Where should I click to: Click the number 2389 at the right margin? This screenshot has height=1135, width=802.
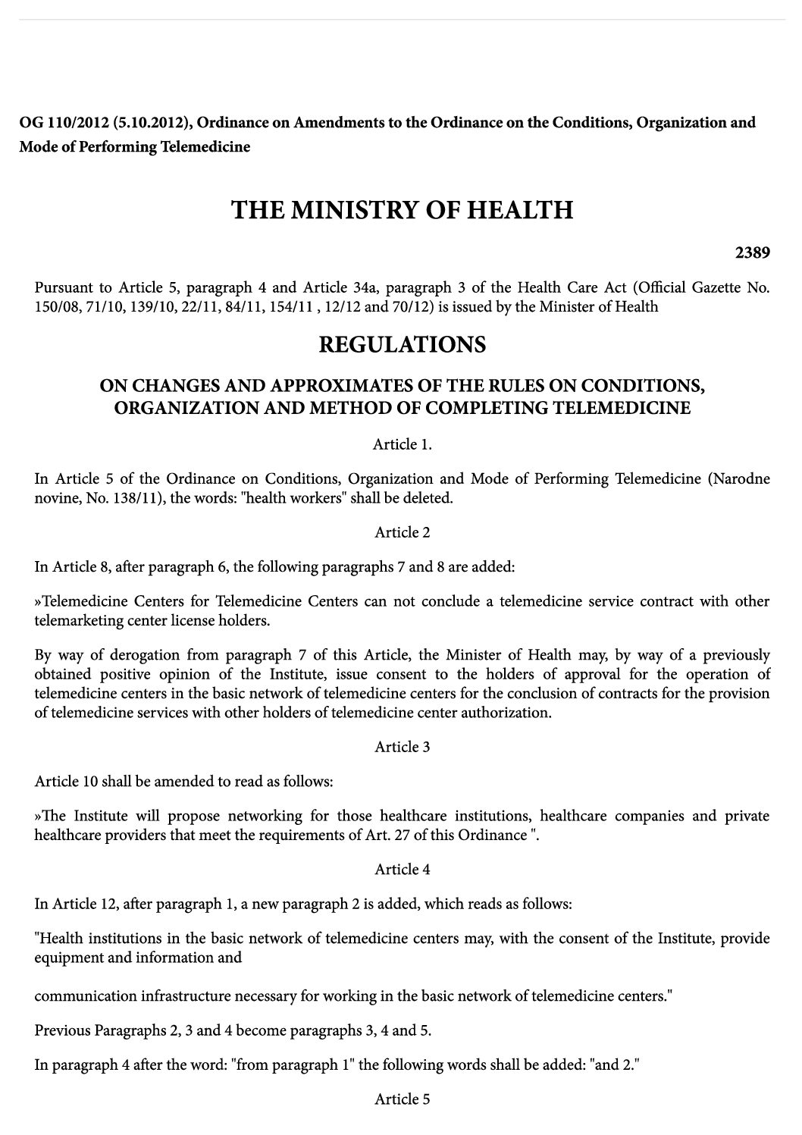point(752,252)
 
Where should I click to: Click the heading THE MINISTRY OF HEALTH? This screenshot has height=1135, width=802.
point(402,209)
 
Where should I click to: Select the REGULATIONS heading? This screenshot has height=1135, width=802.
point(402,345)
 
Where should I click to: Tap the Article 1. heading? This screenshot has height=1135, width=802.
point(402,444)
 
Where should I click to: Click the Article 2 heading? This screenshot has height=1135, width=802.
point(402,532)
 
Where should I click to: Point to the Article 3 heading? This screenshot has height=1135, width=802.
point(402,747)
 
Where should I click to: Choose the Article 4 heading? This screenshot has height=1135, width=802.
point(402,870)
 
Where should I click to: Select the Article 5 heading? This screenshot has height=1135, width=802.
point(402,1099)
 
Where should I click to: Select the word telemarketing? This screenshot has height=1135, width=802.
point(74,620)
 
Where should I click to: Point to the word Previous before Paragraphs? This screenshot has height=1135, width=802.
point(62,1030)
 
